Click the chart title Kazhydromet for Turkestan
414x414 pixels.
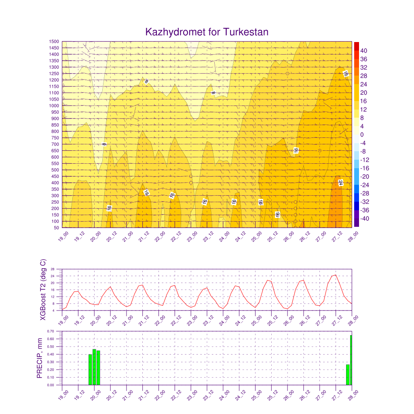(x=207, y=32)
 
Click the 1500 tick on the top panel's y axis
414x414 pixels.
(x=54, y=41)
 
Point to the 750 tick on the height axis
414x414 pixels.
(x=55, y=138)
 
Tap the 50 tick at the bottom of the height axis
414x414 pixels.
(x=57, y=228)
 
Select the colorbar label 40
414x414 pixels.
(x=363, y=51)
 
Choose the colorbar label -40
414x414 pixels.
(x=363, y=219)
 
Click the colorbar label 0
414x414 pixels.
(x=361, y=135)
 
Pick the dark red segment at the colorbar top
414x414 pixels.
(x=356, y=46)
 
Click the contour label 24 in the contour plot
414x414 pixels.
(x=340, y=183)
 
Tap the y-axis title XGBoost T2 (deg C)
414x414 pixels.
(x=43, y=290)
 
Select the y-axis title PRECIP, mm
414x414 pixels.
(x=40, y=358)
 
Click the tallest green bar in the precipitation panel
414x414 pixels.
(x=351, y=360)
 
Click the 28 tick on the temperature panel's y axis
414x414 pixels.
(x=54, y=269)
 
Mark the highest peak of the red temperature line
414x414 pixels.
(x=335, y=275)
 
